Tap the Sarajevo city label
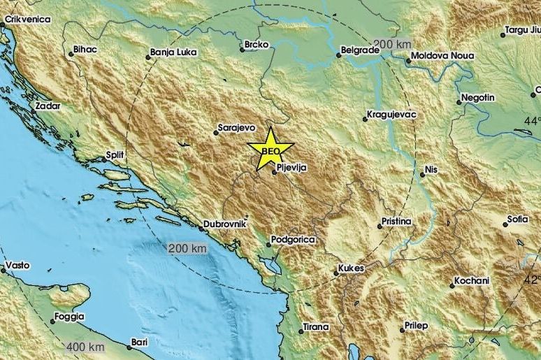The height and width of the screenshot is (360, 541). [236, 129]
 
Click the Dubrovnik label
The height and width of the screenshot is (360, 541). [225, 225]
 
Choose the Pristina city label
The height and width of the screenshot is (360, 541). [396, 222]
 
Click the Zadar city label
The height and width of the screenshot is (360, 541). [47, 106]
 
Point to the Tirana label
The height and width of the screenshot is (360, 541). [315, 326]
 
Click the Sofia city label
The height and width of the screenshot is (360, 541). [518, 219]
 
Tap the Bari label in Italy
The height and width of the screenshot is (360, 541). [139, 343]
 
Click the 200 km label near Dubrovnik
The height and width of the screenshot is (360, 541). [187, 249]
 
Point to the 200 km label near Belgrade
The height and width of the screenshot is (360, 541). [391, 44]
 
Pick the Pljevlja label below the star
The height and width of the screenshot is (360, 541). [292, 167]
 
